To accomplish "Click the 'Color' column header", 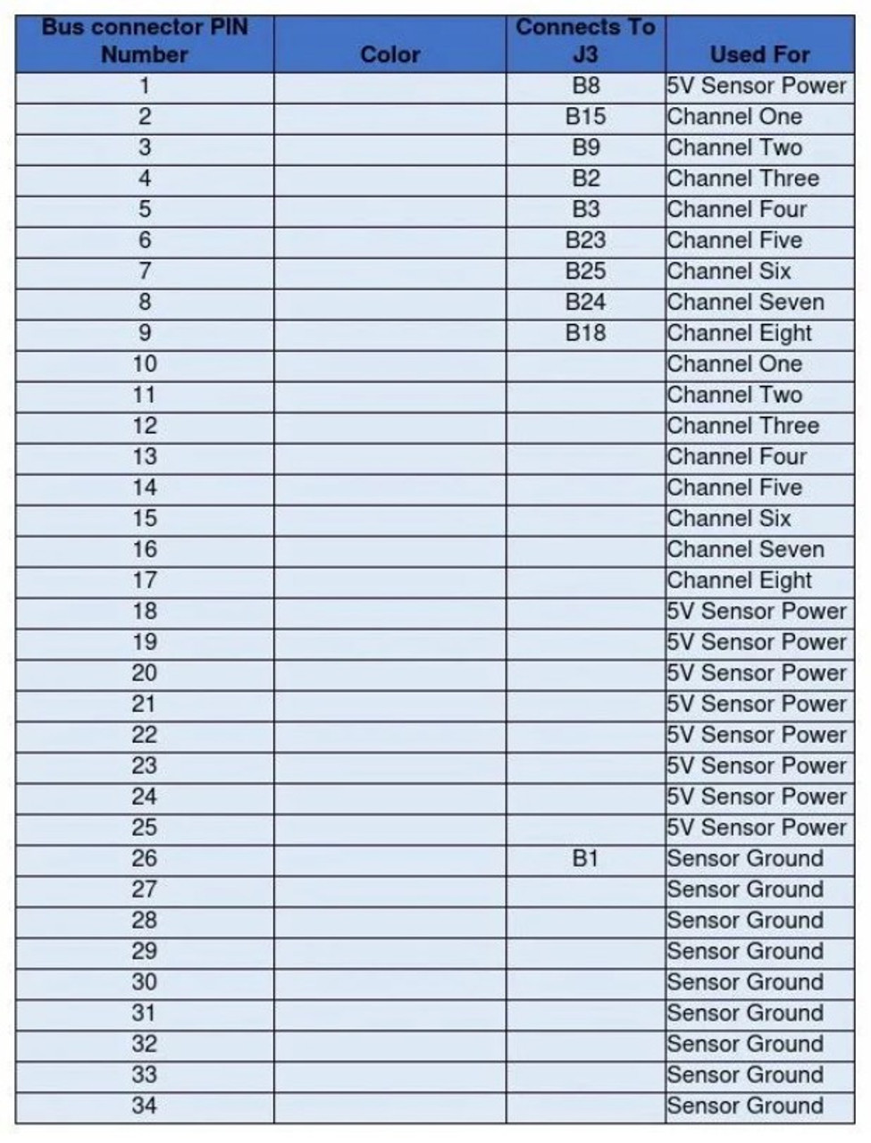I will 390,54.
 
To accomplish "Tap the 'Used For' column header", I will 759,54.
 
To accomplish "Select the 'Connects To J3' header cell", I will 585,41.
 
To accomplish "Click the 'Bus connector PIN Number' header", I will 145,41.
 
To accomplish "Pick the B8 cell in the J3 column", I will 585,87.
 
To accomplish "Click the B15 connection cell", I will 585,117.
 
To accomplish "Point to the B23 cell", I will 585,240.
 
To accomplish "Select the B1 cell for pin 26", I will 585,858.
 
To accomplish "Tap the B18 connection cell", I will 585,333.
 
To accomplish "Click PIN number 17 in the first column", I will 145,580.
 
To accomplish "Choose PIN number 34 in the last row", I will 145,1105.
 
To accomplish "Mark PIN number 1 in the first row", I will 145,87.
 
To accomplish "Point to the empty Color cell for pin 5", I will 390,210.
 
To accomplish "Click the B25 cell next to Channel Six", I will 585,271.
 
